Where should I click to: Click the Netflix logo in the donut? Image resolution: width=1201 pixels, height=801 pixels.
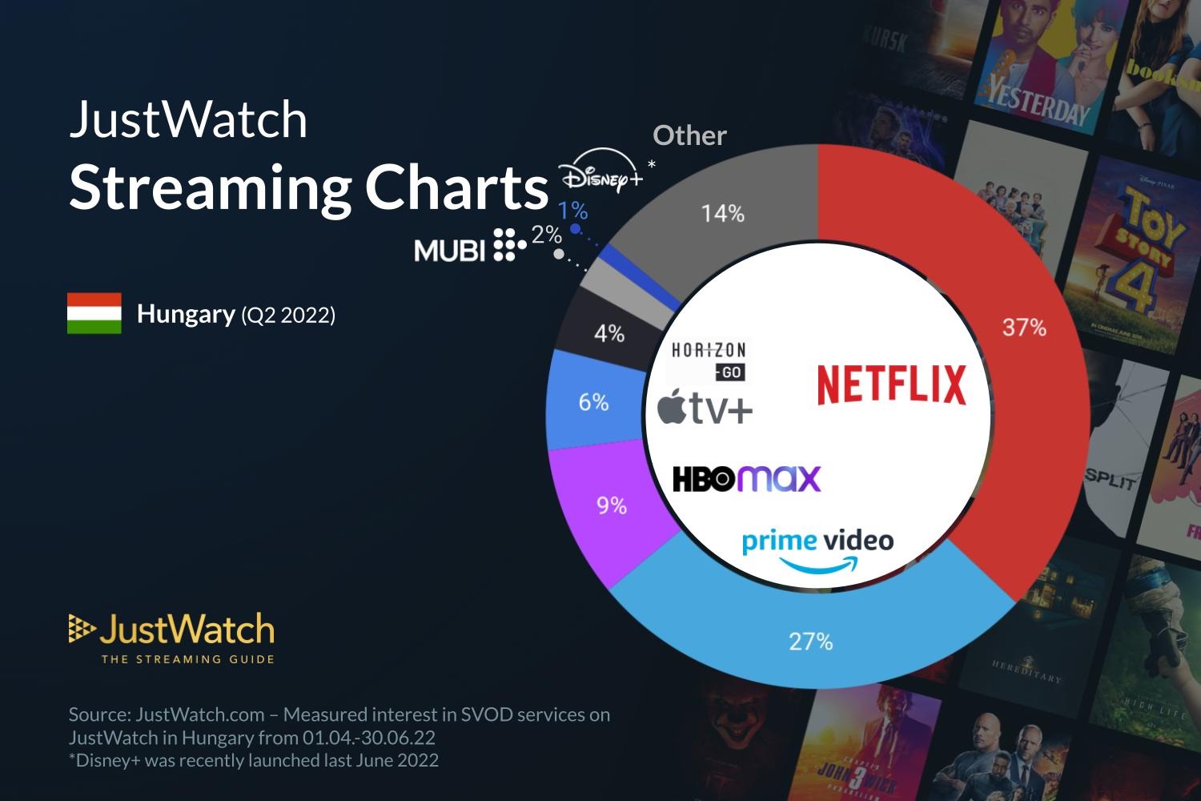[891, 384]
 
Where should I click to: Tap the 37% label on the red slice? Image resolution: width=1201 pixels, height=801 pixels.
[1024, 327]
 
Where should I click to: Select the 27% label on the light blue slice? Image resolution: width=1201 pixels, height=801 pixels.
[810, 641]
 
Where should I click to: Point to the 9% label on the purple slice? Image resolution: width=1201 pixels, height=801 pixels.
[611, 505]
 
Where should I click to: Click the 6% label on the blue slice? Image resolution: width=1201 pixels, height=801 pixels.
[593, 402]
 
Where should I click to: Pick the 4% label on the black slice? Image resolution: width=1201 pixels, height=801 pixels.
[609, 333]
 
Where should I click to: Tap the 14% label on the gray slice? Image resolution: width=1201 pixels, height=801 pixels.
[722, 213]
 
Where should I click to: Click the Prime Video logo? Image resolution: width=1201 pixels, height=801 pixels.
[817, 549]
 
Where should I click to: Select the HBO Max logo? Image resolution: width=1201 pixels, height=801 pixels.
[746, 478]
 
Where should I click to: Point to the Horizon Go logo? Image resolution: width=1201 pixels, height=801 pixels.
[709, 360]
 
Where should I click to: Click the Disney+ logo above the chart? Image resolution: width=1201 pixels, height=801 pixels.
[601, 175]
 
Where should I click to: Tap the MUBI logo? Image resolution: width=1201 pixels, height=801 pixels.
[469, 247]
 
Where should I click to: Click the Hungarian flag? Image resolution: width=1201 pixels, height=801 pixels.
[94, 313]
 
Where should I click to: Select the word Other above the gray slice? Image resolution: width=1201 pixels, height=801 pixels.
[689, 135]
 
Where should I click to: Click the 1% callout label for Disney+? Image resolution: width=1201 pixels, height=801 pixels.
[572, 211]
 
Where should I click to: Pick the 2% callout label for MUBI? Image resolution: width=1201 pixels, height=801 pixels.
[546, 235]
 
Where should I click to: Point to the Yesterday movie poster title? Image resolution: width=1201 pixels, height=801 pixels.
[1038, 103]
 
